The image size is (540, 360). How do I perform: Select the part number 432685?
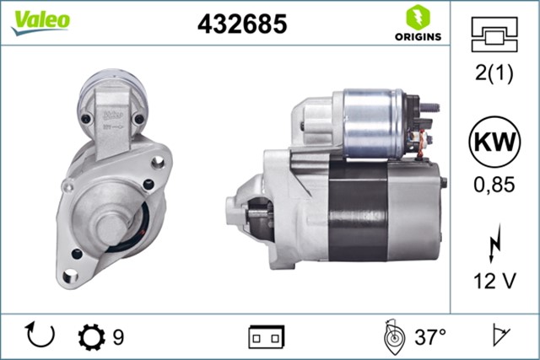click(242, 24)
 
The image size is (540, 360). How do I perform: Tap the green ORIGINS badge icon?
click(416, 16)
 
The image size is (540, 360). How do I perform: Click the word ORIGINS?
click(416, 36)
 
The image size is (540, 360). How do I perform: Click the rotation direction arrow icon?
click(40, 336)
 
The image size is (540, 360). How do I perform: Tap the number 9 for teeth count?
click(118, 337)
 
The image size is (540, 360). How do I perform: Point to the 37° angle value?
click(430, 337)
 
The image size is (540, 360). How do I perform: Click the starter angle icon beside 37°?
click(391, 337)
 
